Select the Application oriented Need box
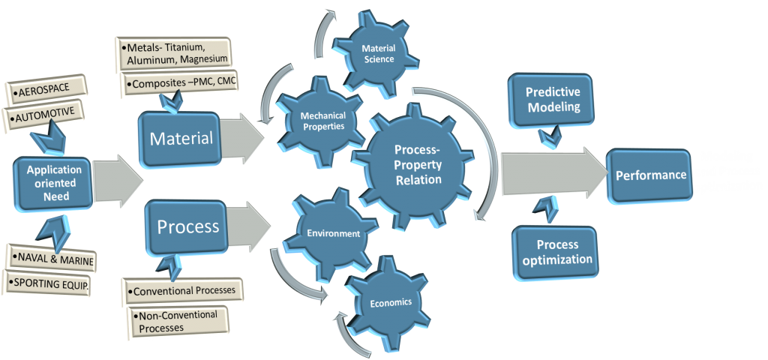(54, 182)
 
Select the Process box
(188, 226)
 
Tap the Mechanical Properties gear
(322, 120)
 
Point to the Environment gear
(332, 233)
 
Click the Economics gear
(391, 303)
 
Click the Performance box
(650, 175)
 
